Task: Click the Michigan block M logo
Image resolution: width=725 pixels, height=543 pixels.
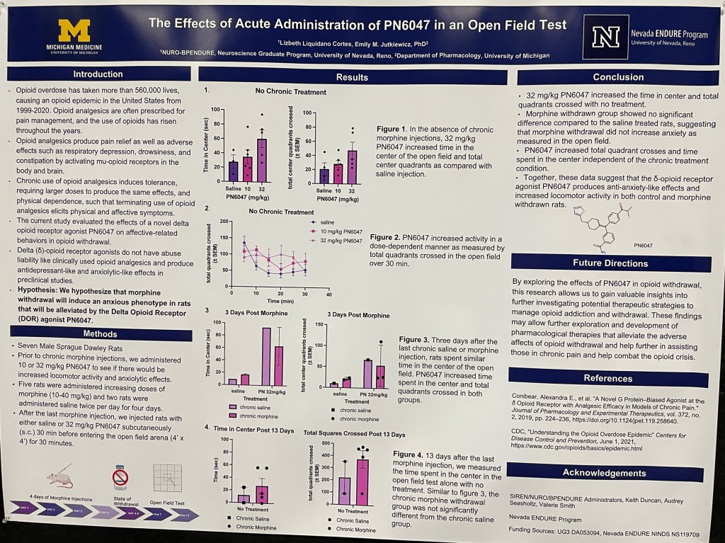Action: click(x=74, y=31)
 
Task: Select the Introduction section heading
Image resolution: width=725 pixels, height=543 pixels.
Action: click(x=98, y=74)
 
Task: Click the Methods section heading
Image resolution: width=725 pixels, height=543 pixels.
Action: click(x=100, y=333)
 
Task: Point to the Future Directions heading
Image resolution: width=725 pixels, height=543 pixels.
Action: click(x=610, y=263)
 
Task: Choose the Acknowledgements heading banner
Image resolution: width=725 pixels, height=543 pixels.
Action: click(x=604, y=472)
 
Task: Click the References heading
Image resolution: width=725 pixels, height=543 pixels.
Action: click(x=607, y=378)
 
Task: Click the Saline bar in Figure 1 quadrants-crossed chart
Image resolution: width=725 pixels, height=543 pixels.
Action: click(x=324, y=175)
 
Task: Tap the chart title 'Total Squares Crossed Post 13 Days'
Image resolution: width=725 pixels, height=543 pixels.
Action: click(x=354, y=433)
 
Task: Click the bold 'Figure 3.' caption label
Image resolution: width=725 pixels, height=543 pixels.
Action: click(x=415, y=339)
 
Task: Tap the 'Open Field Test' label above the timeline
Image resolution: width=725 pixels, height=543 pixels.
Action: click(x=168, y=503)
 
